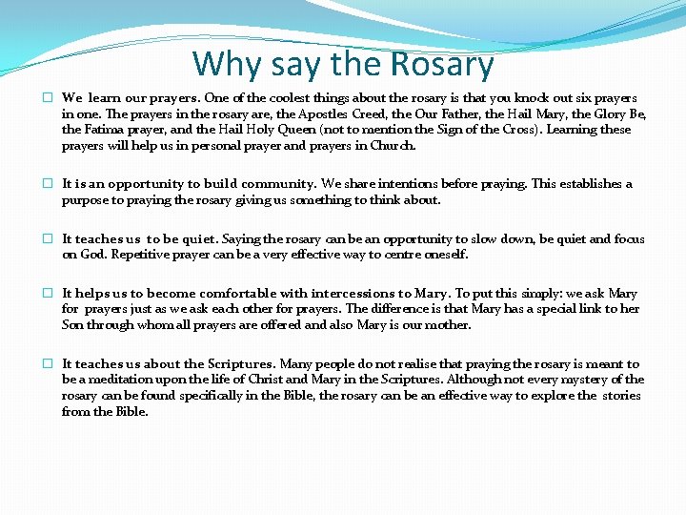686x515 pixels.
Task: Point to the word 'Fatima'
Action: [x=105, y=131]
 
